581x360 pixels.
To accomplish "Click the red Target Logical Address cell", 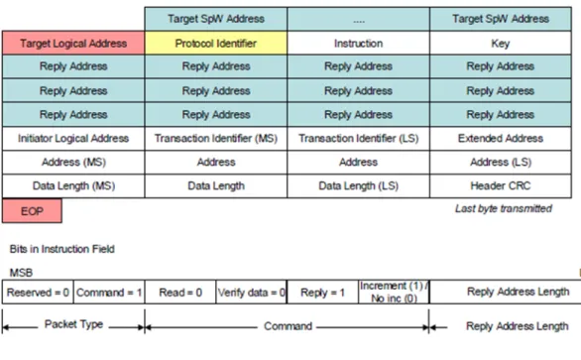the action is point(73,44).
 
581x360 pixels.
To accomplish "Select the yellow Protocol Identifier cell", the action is point(216,44).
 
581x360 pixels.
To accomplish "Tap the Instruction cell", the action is point(358,44).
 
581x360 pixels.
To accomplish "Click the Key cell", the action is point(501,44).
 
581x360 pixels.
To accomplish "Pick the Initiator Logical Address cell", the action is point(73,139).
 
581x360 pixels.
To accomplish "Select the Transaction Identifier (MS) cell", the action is point(216,139).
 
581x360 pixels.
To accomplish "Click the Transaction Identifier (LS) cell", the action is point(358,139).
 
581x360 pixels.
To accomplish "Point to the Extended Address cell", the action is point(501,139).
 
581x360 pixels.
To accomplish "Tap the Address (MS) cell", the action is point(73,163).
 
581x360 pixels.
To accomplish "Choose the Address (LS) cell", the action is point(501,163).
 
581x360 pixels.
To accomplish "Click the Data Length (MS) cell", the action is point(73,186).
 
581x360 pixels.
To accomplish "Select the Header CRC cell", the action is point(501,186).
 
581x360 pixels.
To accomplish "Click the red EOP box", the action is point(33,211).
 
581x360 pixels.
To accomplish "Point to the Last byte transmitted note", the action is point(504,208).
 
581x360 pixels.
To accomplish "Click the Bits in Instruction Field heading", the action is point(61,249).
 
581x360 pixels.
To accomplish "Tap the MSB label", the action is point(21,273).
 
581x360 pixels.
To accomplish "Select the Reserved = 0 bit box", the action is point(38,293).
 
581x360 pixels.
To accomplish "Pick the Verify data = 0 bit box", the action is point(251,293).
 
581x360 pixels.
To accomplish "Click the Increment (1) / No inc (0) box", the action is point(394,293).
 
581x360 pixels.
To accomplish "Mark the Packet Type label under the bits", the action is point(73,324).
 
